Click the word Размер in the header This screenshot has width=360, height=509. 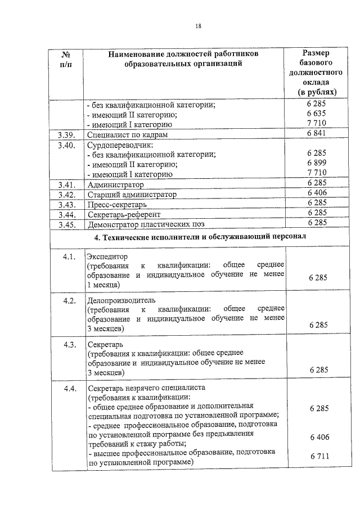tap(316, 53)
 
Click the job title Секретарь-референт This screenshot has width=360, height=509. tap(124, 215)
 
